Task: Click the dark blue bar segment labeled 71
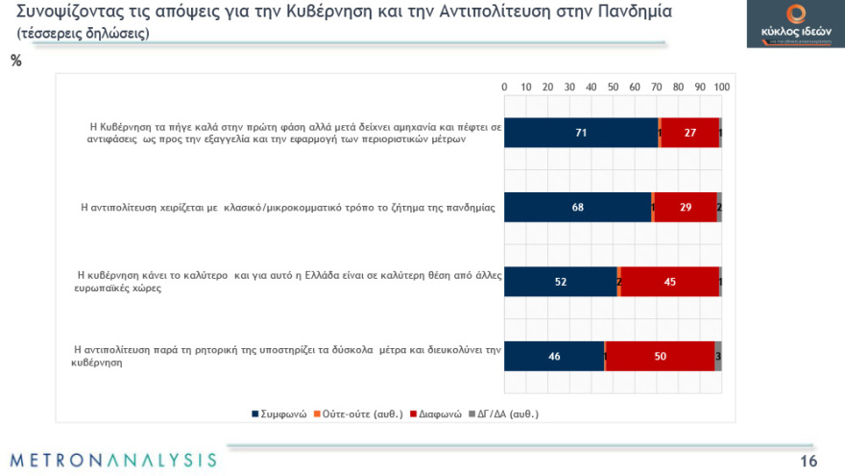pyautogui.click(x=581, y=133)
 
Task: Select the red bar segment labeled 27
pyautogui.click(x=689, y=133)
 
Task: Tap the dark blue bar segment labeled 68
pyautogui.click(x=578, y=207)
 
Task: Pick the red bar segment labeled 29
pyautogui.click(x=686, y=207)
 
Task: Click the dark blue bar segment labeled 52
pyautogui.click(x=560, y=282)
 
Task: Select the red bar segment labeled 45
pyautogui.click(x=669, y=282)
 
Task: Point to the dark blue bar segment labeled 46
pyautogui.click(x=554, y=356)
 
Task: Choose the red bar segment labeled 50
pyautogui.click(x=660, y=356)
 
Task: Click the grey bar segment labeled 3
pyautogui.click(x=718, y=356)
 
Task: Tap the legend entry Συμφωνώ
pyautogui.click(x=279, y=415)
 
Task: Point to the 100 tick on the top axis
pyautogui.click(x=721, y=87)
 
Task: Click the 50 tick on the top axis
pyautogui.click(x=613, y=87)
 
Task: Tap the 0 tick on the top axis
pyautogui.click(x=505, y=87)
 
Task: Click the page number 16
pyautogui.click(x=808, y=459)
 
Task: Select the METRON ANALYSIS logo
pyautogui.click(x=113, y=459)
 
